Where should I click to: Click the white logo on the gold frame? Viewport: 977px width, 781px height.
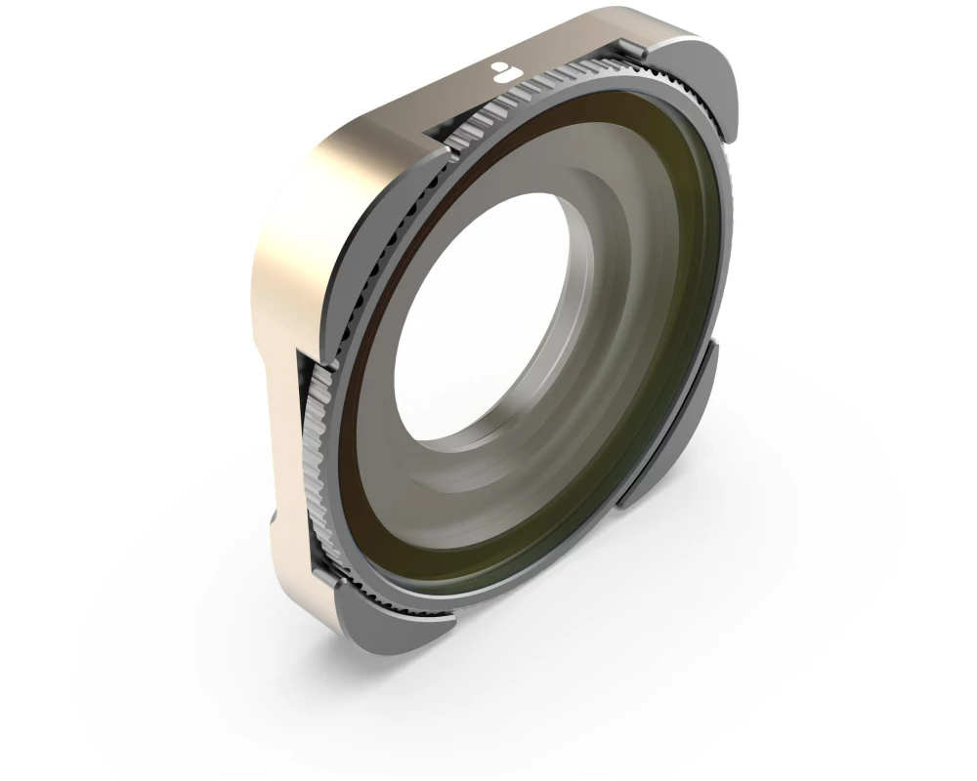click(502, 70)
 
